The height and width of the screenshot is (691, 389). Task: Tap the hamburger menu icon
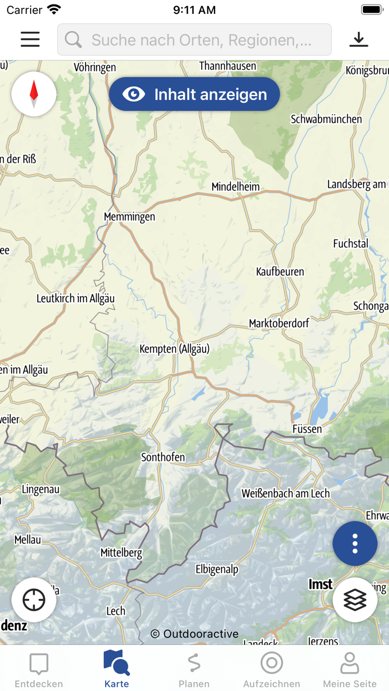pos(30,39)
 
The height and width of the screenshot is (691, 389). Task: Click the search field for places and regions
pos(194,40)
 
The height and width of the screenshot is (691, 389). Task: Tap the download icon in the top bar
pos(359,39)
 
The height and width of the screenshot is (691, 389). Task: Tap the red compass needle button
pos(34,94)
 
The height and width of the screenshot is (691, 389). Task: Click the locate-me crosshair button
pos(34,600)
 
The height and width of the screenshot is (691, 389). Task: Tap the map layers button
pos(355,600)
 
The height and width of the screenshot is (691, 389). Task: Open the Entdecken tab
pos(39,669)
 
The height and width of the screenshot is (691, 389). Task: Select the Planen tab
pos(194,669)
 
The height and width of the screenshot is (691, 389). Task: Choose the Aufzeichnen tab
pos(272,669)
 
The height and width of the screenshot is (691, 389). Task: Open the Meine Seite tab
pos(350,669)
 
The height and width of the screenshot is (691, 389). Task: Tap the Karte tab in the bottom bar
pos(117,669)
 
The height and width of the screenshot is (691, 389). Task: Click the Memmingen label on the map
pos(129,217)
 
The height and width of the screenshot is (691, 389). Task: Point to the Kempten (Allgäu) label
pos(174,349)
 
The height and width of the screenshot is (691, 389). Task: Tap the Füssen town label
pos(307,429)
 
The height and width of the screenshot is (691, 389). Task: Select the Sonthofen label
pos(163,457)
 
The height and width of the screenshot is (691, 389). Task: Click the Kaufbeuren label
pos(280,272)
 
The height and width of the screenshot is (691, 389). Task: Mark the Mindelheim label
pos(236,187)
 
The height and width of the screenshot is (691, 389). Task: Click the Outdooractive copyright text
pos(194,634)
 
